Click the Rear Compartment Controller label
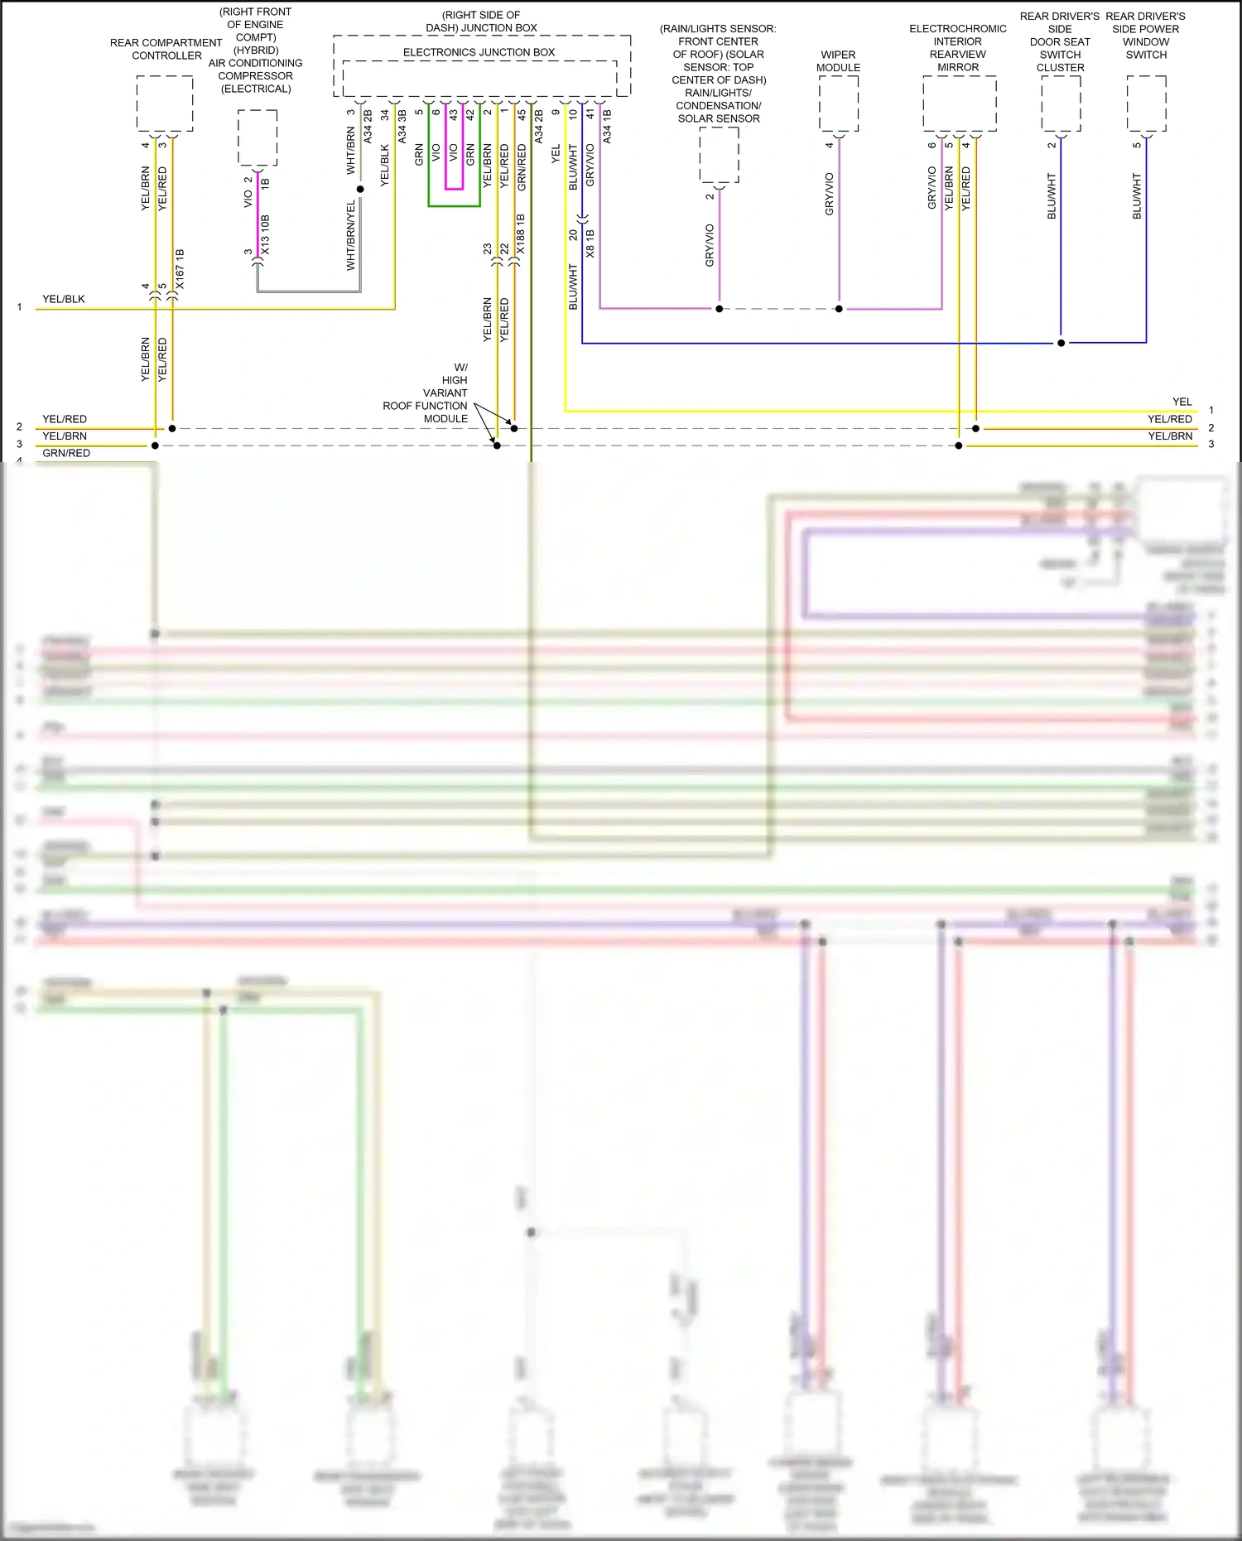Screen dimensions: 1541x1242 166,49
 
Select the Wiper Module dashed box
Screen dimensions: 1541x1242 838,104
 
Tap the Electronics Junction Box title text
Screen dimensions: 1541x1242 479,52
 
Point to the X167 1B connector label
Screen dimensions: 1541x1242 181,269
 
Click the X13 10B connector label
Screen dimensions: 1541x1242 266,235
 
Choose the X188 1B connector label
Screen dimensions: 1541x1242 521,234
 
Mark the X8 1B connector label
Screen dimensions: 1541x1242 590,243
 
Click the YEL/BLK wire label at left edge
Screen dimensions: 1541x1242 64,299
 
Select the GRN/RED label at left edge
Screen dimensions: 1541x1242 66,453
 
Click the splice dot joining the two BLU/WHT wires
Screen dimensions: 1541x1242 1061,343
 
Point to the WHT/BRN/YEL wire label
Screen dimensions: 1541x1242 351,235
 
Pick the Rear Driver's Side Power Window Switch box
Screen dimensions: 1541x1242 1146,104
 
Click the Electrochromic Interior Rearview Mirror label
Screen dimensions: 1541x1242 958,48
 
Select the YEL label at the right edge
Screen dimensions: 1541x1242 1182,402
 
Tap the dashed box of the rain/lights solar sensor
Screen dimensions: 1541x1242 719,155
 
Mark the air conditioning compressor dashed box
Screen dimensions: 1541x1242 258,137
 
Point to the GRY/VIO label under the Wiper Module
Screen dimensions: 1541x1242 830,194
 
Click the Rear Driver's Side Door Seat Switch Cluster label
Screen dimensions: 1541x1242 1060,42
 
